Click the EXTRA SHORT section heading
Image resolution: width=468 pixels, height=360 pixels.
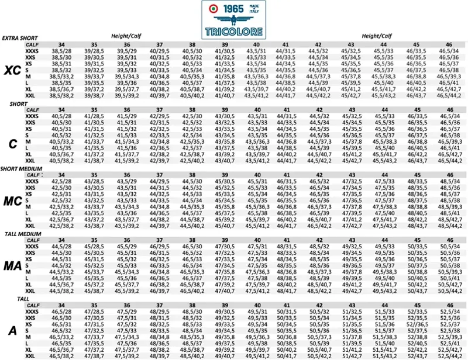(x=20, y=38)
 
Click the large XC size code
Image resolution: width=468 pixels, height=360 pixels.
(x=13, y=71)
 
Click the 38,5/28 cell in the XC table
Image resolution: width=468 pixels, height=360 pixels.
(x=61, y=51)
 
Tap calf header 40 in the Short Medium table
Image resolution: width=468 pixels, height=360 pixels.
(x=256, y=175)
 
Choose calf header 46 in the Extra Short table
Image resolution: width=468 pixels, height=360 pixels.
(x=449, y=44)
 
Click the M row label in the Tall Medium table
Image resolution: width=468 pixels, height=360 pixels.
(x=27, y=272)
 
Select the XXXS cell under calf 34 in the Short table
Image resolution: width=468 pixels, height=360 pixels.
(x=61, y=117)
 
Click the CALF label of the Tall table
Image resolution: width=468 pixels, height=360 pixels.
(x=33, y=305)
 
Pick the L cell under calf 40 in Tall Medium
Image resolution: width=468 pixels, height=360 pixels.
(x=256, y=278)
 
